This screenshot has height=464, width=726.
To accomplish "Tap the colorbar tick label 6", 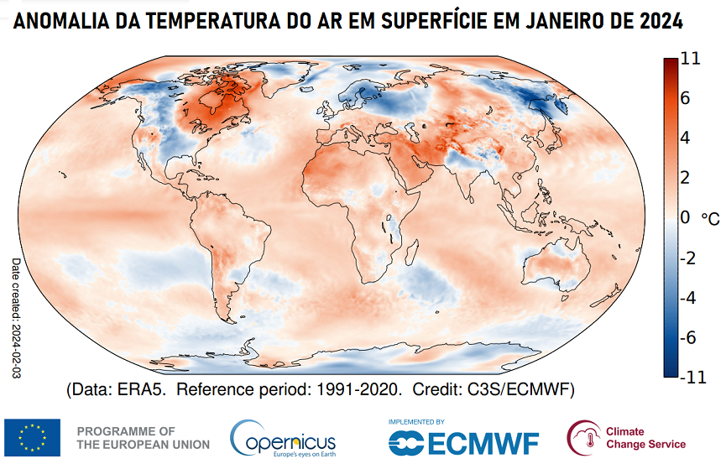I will coord(686,98).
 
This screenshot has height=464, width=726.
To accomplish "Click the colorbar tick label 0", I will coord(686,218).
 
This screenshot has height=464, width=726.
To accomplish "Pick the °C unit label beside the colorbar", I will coord(710,219).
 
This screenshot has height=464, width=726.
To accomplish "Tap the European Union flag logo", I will coord(32,437).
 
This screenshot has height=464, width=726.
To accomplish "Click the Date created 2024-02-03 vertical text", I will coord(15,319).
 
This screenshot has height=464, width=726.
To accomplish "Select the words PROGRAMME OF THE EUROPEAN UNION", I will coord(127,437).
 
